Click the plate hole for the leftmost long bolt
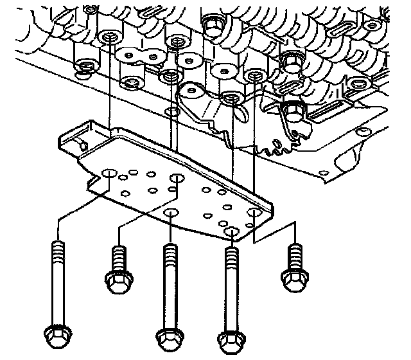point(109,173)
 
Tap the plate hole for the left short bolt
point(177,177)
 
